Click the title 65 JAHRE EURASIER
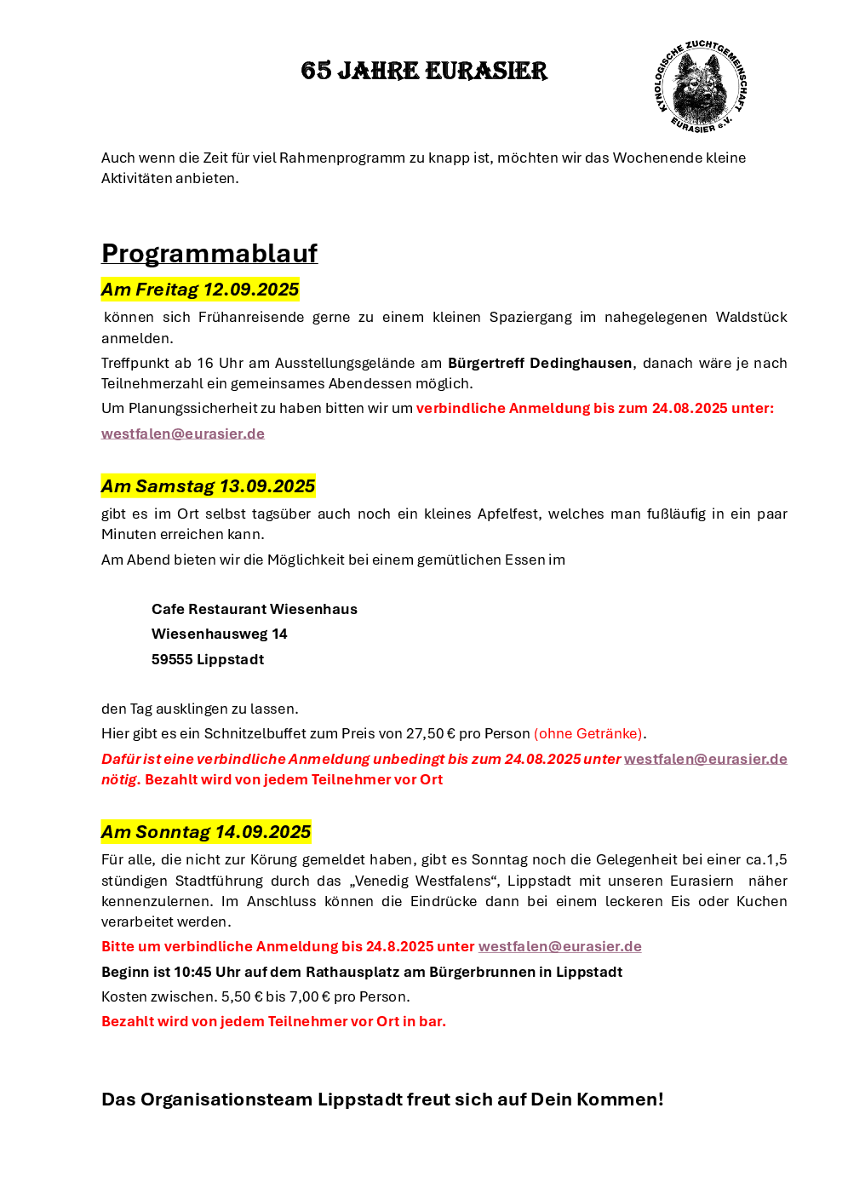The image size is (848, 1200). (x=424, y=71)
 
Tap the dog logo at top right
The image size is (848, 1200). (x=701, y=86)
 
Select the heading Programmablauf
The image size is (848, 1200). (x=209, y=253)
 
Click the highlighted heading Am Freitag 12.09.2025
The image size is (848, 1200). (x=200, y=290)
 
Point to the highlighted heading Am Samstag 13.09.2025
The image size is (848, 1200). (x=208, y=486)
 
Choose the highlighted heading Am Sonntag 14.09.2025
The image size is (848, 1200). (x=206, y=832)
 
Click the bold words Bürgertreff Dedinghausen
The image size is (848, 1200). (x=540, y=363)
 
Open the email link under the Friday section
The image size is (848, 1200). (x=183, y=433)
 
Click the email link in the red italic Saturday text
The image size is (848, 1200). (x=705, y=759)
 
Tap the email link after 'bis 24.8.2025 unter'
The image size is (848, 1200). (x=559, y=946)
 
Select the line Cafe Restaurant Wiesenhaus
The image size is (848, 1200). (x=255, y=609)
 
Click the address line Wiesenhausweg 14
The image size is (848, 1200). (x=220, y=634)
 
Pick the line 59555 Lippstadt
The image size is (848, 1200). (x=208, y=659)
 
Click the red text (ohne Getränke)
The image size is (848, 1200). (x=587, y=733)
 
